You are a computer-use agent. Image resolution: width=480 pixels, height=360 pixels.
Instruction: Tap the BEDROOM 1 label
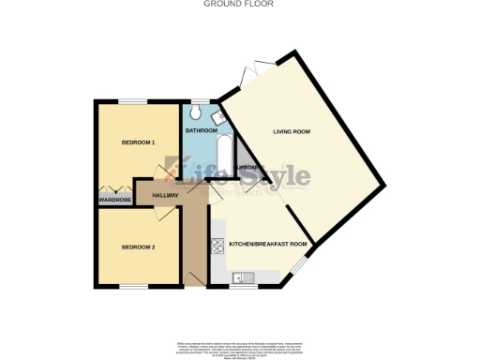coord(138,143)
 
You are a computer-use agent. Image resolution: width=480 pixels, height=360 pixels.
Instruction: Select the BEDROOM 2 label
coord(138,247)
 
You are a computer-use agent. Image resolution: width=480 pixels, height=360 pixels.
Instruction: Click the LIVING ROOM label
coord(292,132)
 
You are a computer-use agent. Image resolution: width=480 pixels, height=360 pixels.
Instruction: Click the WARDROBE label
coord(114,199)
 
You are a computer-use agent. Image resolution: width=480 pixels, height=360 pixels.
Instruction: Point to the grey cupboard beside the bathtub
coord(246,161)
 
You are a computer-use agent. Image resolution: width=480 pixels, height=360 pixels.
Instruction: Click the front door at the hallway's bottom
coord(197,277)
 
